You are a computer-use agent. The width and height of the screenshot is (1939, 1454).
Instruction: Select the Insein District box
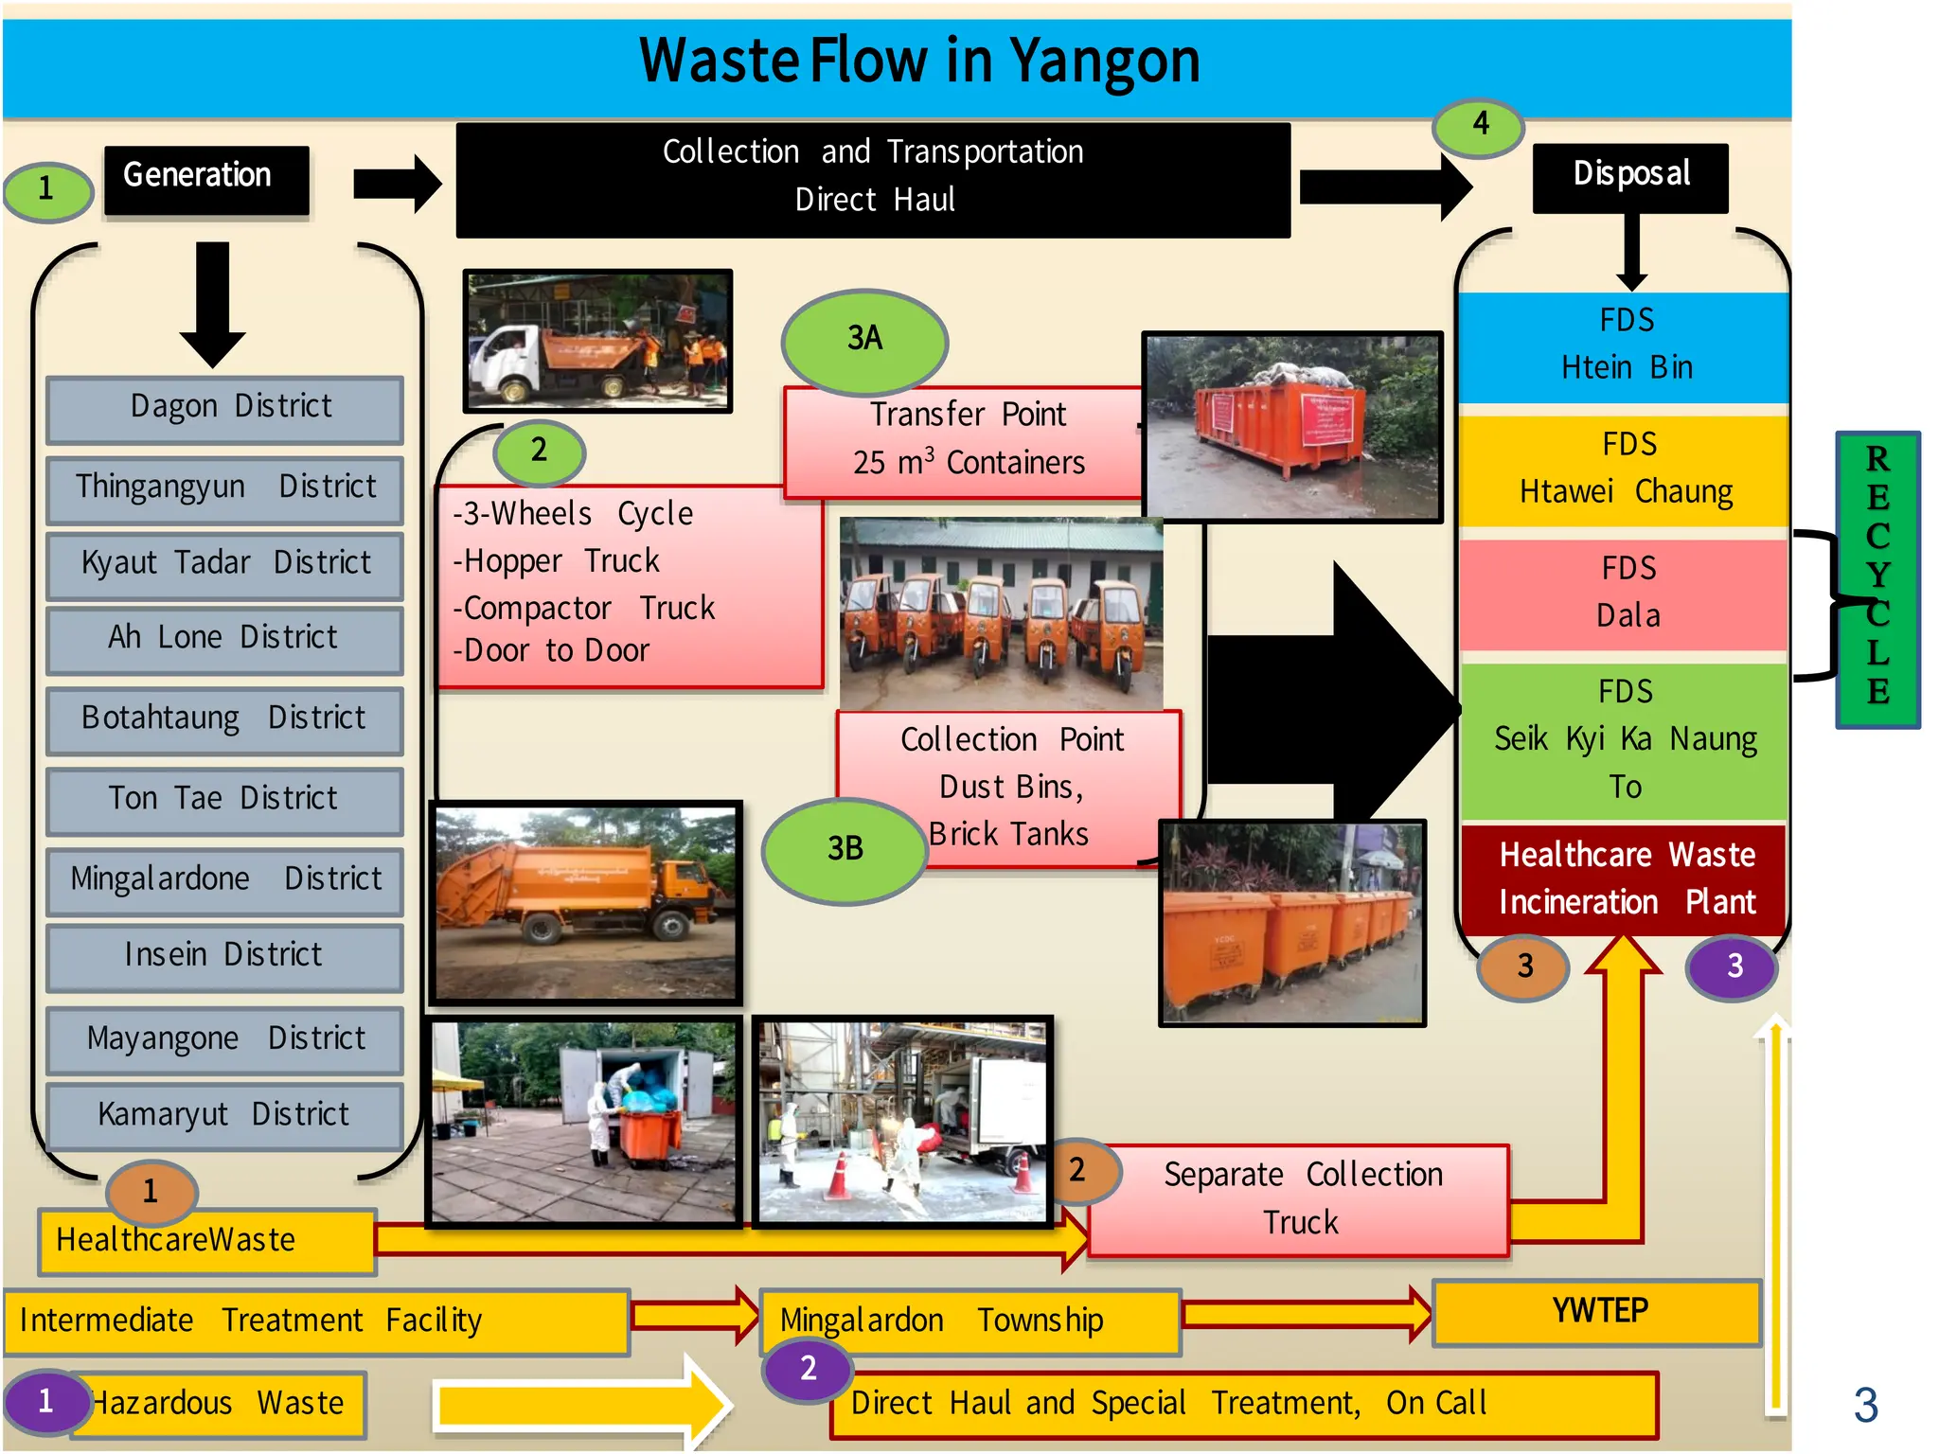[225, 956]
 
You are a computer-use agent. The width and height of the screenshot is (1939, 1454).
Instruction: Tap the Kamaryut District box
[225, 1116]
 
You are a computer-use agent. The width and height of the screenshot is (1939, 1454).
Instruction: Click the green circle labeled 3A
[864, 340]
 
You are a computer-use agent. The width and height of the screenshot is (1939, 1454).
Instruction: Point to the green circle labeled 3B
[845, 849]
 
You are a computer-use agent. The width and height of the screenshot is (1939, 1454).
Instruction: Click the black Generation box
[206, 178]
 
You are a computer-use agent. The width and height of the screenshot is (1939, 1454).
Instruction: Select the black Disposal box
[1629, 176]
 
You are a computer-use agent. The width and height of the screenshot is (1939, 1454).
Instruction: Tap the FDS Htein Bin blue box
[1625, 346]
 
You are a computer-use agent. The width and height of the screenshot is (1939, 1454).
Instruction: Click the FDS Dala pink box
[1625, 594]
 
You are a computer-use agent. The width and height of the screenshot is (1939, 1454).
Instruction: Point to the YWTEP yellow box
[1597, 1313]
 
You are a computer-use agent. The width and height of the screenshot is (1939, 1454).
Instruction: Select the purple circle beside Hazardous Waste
[45, 1402]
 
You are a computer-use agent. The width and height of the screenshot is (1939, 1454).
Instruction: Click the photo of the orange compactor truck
[586, 903]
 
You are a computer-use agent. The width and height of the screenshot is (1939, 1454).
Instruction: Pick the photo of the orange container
[1292, 427]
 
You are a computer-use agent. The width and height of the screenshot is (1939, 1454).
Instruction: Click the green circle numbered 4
[1479, 125]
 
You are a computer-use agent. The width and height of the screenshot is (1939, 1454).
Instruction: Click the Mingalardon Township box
[970, 1321]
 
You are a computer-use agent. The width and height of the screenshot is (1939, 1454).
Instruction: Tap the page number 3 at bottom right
[1865, 1406]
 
